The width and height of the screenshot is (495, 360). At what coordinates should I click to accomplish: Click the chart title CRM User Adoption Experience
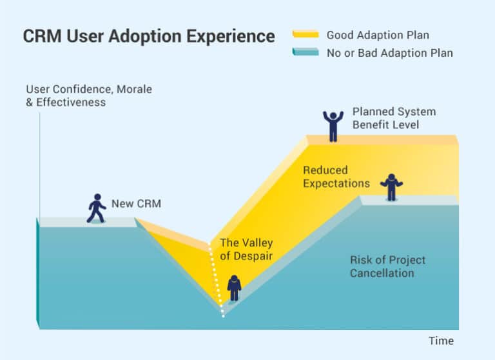click(x=149, y=36)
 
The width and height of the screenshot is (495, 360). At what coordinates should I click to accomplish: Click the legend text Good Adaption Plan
click(x=377, y=35)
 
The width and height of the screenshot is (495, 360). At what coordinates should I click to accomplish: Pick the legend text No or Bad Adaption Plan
click(x=389, y=53)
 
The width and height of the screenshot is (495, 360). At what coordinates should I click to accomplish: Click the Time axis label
click(x=441, y=341)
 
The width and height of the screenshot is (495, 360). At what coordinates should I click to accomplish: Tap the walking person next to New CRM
click(x=96, y=208)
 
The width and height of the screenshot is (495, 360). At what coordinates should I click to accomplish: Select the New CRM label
click(x=136, y=204)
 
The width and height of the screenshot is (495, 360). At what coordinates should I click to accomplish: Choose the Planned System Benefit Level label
click(x=394, y=117)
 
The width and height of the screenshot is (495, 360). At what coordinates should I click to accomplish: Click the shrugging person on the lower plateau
click(x=391, y=188)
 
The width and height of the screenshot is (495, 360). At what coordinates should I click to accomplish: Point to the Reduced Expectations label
click(x=336, y=177)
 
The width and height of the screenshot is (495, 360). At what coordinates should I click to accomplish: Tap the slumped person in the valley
click(x=234, y=288)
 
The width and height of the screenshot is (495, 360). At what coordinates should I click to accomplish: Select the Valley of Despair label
click(x=246, y=249)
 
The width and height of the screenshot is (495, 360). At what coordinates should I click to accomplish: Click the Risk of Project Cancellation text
click(x=387, y=266)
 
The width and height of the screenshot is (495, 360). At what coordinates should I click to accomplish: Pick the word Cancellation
click(x=382, y=273)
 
